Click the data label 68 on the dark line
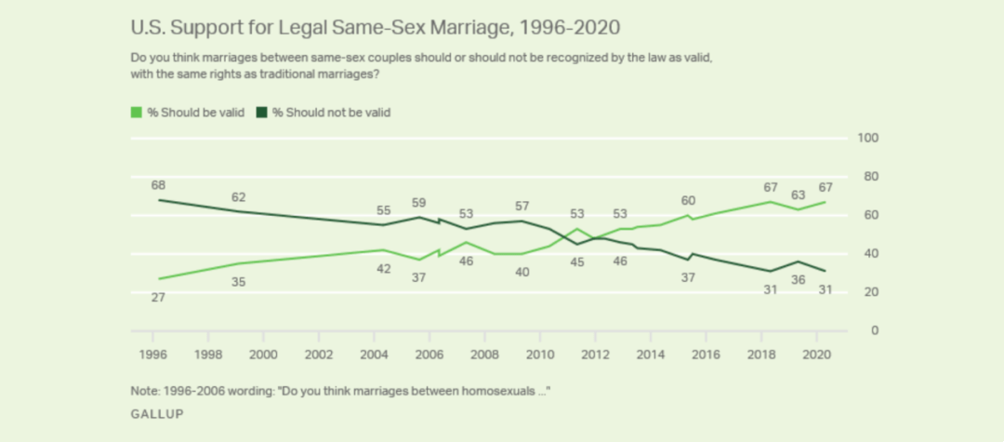point(158,185)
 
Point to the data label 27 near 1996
point(158,297)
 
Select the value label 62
point(239,197)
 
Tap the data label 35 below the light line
point(239,282)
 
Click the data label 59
point(419,202)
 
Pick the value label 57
point(522,206)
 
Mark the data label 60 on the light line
point(687,200)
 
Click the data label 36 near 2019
point(797,279)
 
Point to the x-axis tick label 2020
point(815,355)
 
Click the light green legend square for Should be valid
point(137,113)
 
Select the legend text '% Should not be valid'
point(331,113)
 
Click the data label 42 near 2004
point(384,269)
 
